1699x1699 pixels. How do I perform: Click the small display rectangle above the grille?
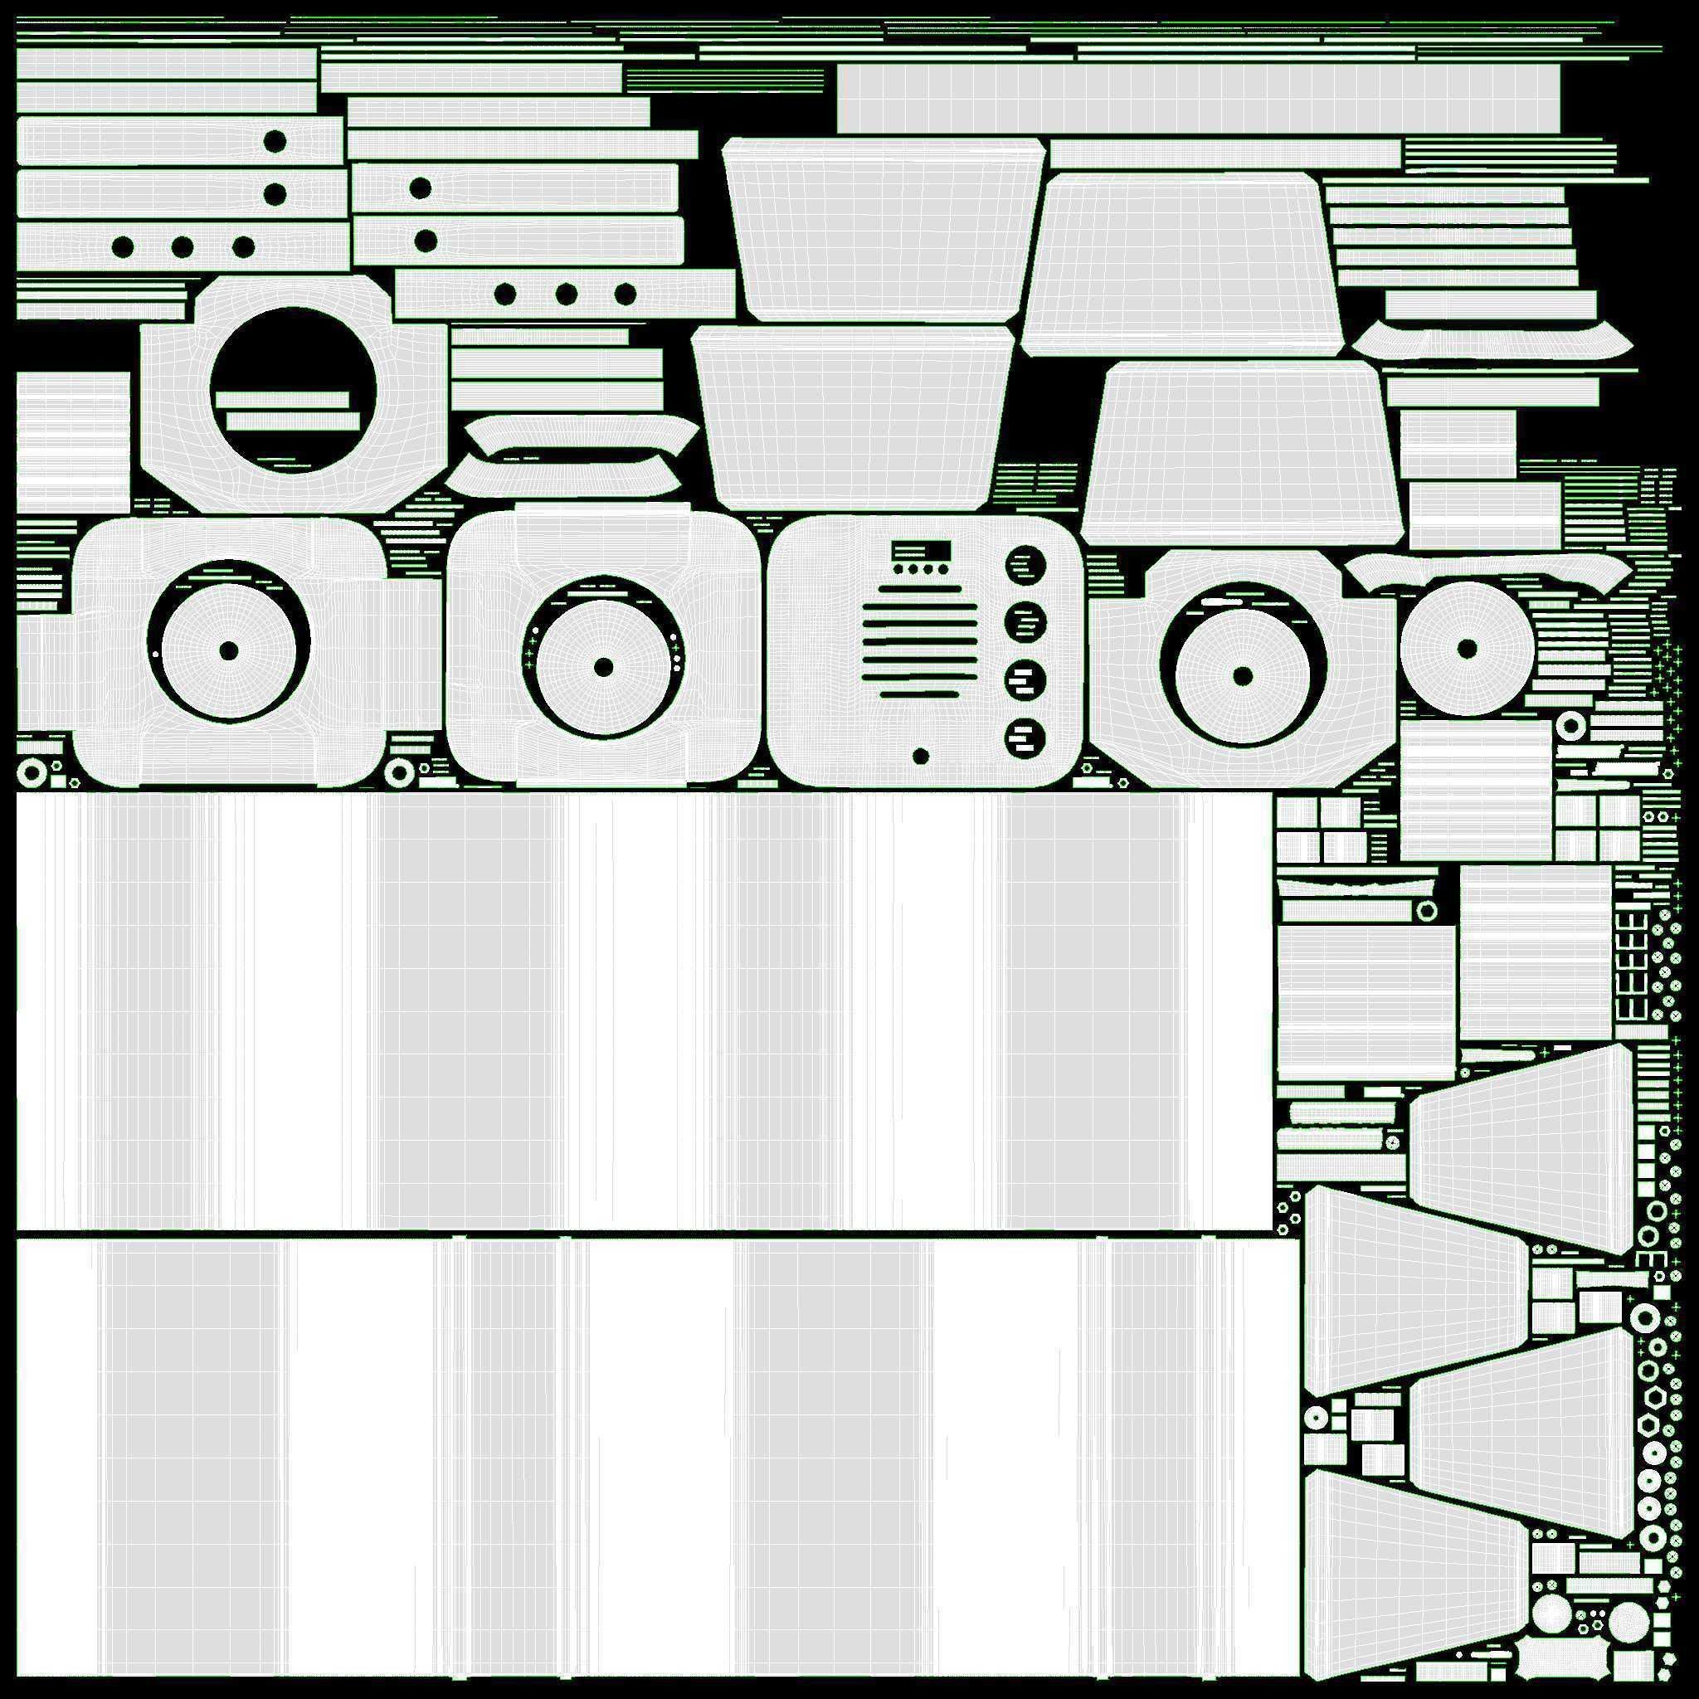tap(922, 552)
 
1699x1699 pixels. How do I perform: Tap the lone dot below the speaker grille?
tap(921, 757)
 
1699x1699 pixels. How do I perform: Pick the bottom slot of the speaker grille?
tap(921, 694)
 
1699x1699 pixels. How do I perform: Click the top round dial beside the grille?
tap(1025, 566)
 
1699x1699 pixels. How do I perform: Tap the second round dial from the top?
tap(1025, 624)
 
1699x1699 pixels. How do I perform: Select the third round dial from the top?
tap(1025, 679)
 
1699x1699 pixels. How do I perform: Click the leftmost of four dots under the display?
tap(898, 569)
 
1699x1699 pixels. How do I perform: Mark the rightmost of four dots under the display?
tap(942, 569)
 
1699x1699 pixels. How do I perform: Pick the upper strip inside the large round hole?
tap(282, 401)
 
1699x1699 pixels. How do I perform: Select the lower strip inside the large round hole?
tap(293, 422)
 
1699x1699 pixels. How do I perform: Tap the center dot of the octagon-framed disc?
tap(1243, 676)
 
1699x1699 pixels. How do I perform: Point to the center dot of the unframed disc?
tap(1467, 649)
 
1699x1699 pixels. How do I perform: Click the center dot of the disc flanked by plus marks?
tap(603, 668)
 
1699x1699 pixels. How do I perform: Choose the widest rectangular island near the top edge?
tap(1198, 99)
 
